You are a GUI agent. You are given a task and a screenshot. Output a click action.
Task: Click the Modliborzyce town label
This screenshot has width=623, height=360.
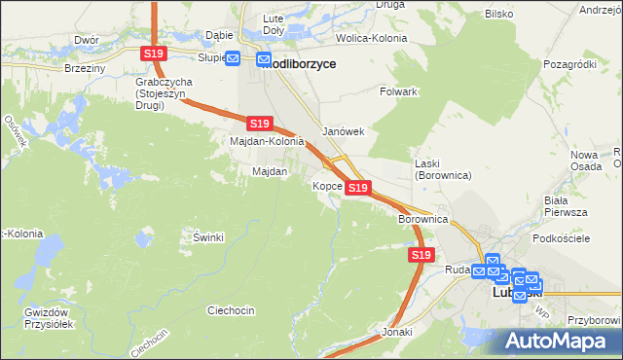(x=302, y=61)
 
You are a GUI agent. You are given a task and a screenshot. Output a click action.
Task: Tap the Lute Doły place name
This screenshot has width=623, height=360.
(x=272, y=24)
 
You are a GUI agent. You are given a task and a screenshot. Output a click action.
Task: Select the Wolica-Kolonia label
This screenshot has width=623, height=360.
(x=371, y=38)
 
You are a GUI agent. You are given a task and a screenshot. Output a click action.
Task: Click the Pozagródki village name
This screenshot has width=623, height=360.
(x=569, y=63)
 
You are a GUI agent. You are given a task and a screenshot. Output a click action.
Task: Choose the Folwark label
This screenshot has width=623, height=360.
(x=398, y=91)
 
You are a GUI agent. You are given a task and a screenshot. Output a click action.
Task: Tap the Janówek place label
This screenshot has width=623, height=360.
(x=343, y=132)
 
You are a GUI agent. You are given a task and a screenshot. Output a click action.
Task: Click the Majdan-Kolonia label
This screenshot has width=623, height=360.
(x=267, y=141)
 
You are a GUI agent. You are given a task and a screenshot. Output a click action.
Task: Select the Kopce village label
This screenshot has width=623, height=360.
(x=326, y=185)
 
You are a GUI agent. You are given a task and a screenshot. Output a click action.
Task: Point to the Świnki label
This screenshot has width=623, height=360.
(x=208, y=237)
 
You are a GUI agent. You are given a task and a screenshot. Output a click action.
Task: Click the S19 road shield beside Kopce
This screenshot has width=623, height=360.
(x=358, y=187)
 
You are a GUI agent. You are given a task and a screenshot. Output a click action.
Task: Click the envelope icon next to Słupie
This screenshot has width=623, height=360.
(x=234, y=57)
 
